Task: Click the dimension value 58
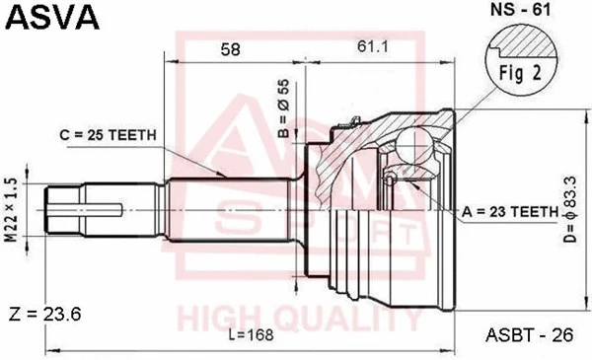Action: (x=232, y=50)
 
